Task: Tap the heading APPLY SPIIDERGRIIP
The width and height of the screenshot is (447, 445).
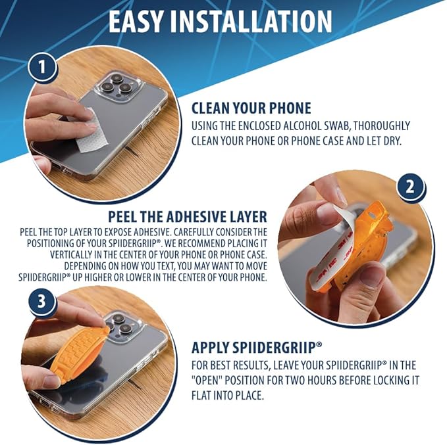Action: point(257,347)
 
